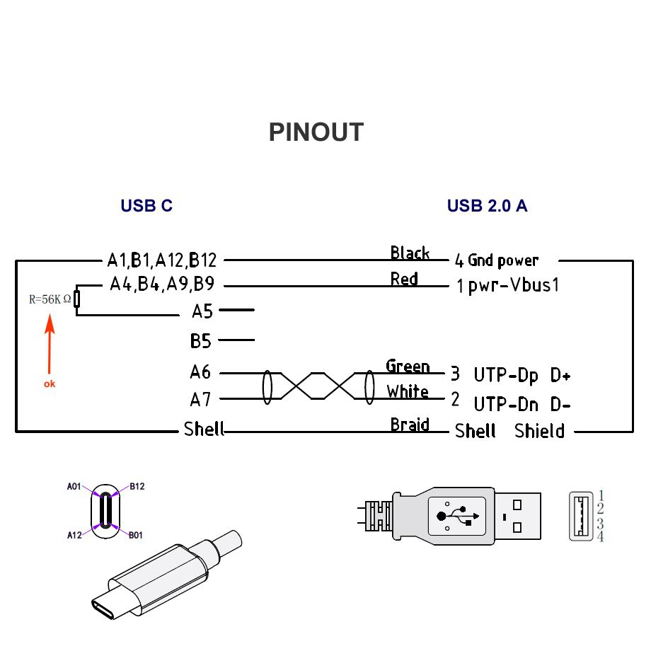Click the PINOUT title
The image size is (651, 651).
pos(316,132)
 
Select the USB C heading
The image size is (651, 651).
pos(146,206)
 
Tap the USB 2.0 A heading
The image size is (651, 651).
pos(487,206)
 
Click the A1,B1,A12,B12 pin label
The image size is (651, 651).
pos(161,260)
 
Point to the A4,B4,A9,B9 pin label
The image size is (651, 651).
pos(162,285)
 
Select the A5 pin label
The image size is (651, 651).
pos(202,311)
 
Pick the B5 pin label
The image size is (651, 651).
pos(201,341)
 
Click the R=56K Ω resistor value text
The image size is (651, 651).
pos(50,299)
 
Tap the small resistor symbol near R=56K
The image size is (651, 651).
pos(76,299)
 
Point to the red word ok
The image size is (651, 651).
pos(49,384)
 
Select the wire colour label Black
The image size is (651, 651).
pos(410,253)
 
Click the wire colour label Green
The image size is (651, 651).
pos(408,367)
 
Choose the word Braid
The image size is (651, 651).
pos(410,425)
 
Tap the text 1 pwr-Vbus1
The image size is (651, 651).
pos(507,286)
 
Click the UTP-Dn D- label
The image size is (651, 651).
pos(522,404)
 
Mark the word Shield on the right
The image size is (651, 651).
pos(539,431)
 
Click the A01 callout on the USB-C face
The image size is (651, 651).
pos(74,487)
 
